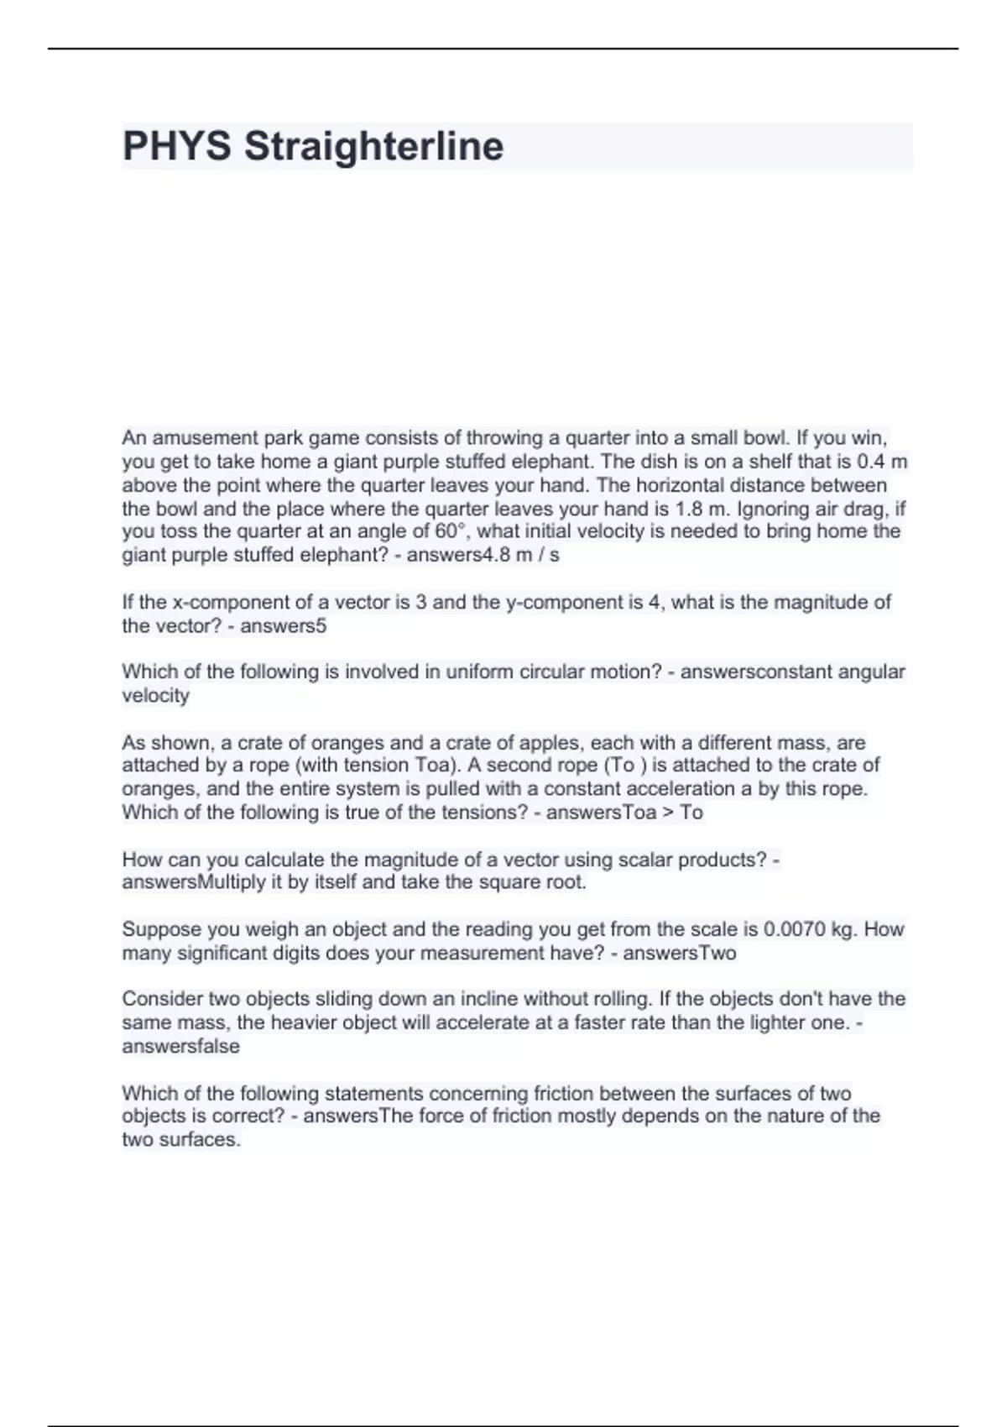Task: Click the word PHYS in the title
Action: [176, 146]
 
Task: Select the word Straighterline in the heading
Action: [373, 146]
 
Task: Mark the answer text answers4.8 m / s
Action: [483, 555]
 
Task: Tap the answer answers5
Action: [283, 625]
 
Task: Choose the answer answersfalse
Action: [180, 1046]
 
